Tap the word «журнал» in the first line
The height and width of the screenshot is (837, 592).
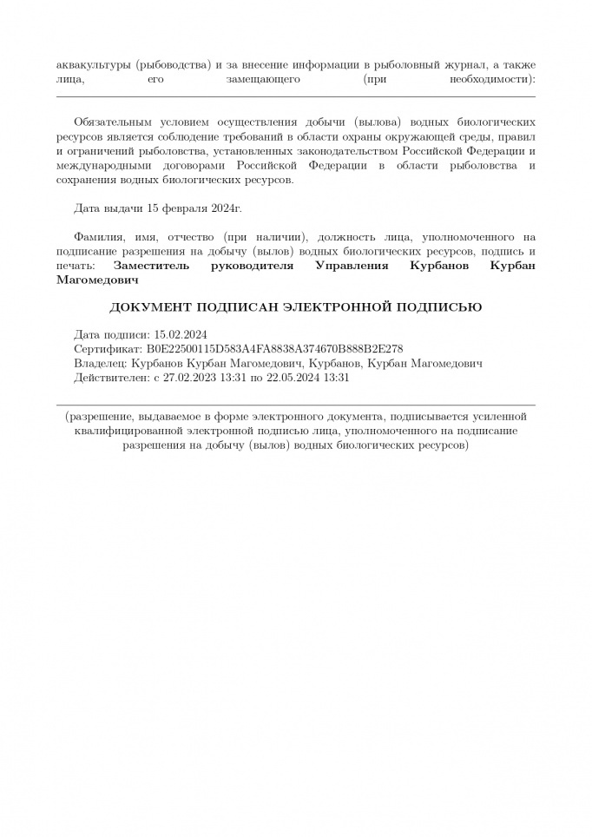(x=457, y=64)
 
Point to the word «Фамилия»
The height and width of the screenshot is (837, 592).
(x=99, y=237)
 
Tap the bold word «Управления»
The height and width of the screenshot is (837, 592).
(x=352, y=266)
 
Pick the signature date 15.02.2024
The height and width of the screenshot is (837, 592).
(x=181, y=333)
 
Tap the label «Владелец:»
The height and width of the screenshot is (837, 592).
(x=102, y=363)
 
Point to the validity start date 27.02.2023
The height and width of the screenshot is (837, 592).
(x=192, y=378)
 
